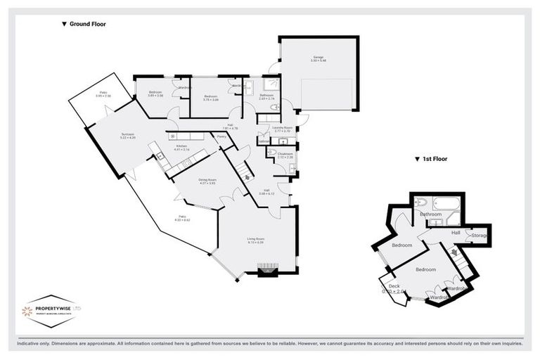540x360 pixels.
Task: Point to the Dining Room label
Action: [x=207, y=181]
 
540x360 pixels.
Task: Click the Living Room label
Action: [x=255, y=240]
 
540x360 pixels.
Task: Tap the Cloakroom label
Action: [x=285, y=154]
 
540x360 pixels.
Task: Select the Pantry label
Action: [x=221, y=136]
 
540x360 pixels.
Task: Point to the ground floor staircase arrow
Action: [x=247, y=177]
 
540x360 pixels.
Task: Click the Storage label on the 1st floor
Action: [x=480, y=235]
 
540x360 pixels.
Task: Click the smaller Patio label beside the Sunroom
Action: [x=103, y=94]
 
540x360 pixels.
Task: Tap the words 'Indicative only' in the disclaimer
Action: [x=30, y=344]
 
